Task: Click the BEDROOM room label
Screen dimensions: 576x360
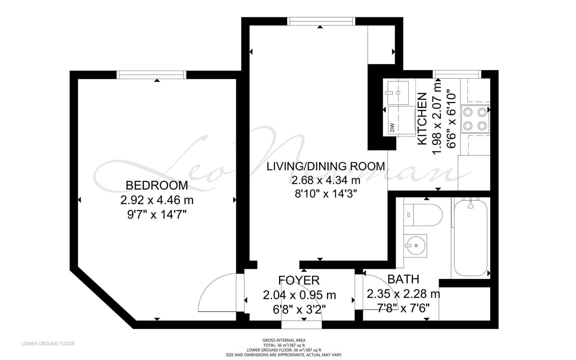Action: tap(157, 185)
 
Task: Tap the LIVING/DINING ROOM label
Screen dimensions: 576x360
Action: tap(325, 166)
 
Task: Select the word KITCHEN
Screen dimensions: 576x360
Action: tap(422, 119)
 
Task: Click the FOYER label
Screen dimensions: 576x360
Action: tap(299, 280)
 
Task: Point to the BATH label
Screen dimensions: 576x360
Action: tap(403, 279)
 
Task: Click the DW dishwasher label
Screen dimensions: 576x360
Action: tap(392, 127)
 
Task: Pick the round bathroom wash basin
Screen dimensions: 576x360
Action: tap(415, 246)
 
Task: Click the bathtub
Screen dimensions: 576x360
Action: tap(470, 237)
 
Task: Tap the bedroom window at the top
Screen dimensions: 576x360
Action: tap(151, 75)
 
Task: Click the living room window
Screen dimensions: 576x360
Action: tap(321, 21)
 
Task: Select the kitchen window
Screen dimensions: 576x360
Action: tap(457, 74)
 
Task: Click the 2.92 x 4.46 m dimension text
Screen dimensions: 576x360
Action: tap(157, 200)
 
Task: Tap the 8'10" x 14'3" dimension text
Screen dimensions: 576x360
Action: tap(326, 194)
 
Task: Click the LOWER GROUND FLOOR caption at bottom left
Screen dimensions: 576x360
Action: tap(48, 343)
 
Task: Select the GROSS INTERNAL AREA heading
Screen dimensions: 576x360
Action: tap(284, 340)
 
